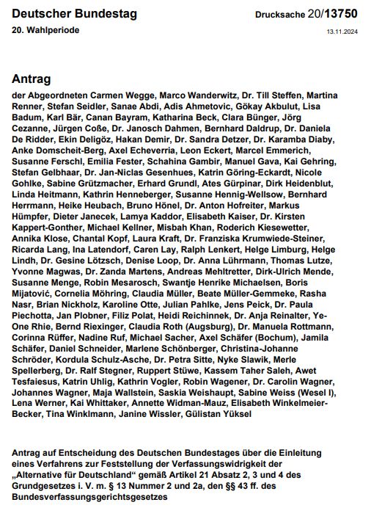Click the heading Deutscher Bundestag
coord(64,14)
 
